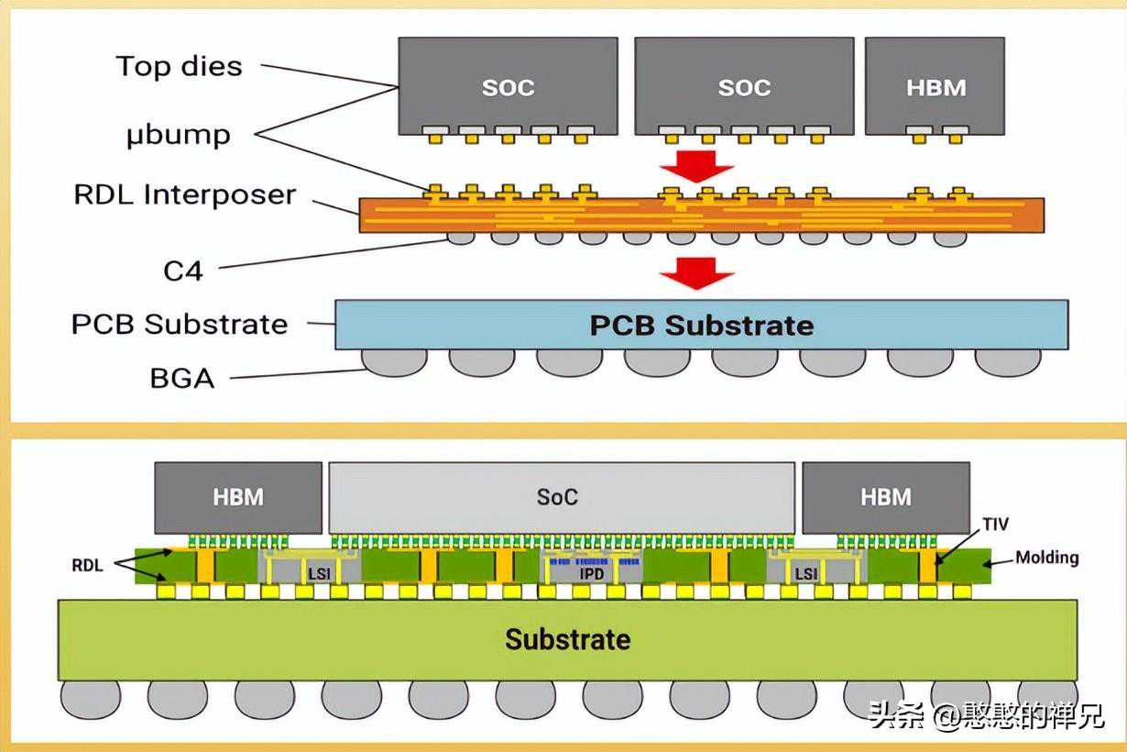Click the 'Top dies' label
179,66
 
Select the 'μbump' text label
178,135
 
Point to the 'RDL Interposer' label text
184,194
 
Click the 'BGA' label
181,378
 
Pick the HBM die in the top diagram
936,86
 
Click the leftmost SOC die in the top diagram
508,86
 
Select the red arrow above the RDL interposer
696,168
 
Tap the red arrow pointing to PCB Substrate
696,272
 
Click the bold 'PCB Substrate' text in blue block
701,326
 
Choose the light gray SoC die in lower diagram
561,497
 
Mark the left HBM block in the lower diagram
238,497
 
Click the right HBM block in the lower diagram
885,497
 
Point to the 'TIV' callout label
994,525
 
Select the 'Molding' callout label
1046,557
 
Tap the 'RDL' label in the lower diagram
87,566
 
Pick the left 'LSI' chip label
319,574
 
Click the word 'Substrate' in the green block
567,638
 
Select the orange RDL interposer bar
701,215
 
